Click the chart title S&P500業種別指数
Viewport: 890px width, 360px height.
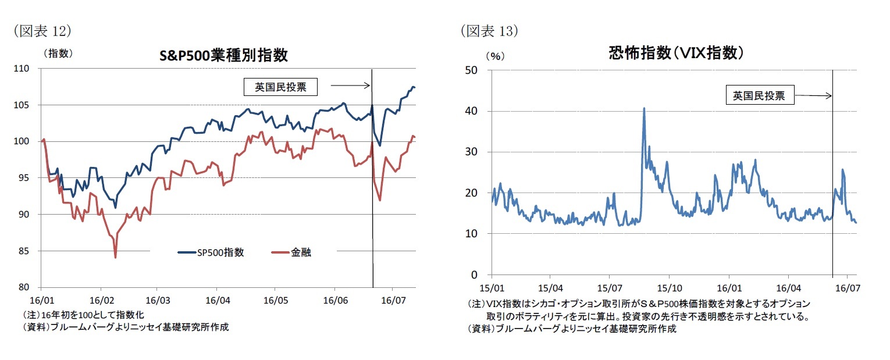(223, 55)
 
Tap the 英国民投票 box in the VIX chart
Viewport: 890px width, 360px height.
(759, 95)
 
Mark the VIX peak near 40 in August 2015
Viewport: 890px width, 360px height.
(644, 108)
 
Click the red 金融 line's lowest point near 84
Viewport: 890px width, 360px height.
(115, 257)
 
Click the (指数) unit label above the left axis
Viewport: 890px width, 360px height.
(58, 53)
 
